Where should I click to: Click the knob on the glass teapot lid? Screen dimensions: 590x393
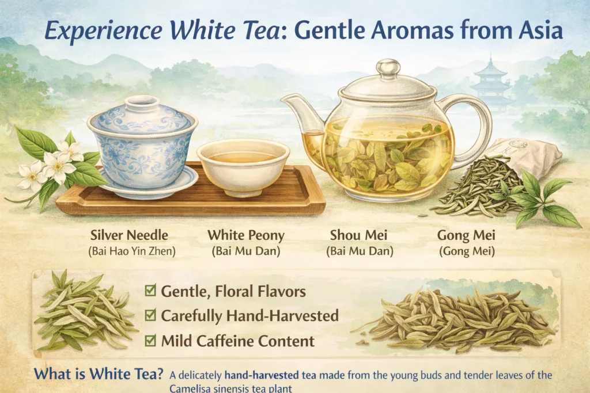click(388, 68)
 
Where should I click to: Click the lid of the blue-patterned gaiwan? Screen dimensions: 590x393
click(142, 115)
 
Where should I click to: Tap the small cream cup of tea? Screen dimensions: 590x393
click(243, 167)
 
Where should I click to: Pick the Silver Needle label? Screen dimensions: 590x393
click(129, 235)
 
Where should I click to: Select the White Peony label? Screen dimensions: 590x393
click(246, 235)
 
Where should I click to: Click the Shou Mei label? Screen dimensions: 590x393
click(358, 235)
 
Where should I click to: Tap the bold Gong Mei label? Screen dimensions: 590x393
click(466, 235)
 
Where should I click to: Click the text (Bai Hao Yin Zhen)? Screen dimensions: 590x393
click(132, 251)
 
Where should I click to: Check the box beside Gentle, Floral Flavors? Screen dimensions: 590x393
click(150, 291)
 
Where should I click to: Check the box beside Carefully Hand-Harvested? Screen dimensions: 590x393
click(150, 315)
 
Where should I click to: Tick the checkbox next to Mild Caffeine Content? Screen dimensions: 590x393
click(150, 340)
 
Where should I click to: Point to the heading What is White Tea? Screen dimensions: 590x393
click(99, 374)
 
